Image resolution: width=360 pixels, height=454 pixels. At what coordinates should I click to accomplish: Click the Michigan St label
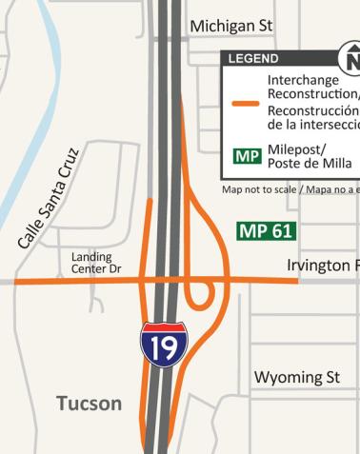coord(233,26)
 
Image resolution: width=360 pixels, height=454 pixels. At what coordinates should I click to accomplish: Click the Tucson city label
coord(89,404)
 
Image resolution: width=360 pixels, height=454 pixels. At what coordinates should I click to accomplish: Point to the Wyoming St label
coord(296,378)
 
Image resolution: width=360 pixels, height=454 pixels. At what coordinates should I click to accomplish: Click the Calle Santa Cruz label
coord(52,199)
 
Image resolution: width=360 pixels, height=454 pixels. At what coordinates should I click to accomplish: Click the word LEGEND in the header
coord(253,59)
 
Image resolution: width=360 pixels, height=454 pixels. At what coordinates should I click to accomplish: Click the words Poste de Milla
coord(310,164)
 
